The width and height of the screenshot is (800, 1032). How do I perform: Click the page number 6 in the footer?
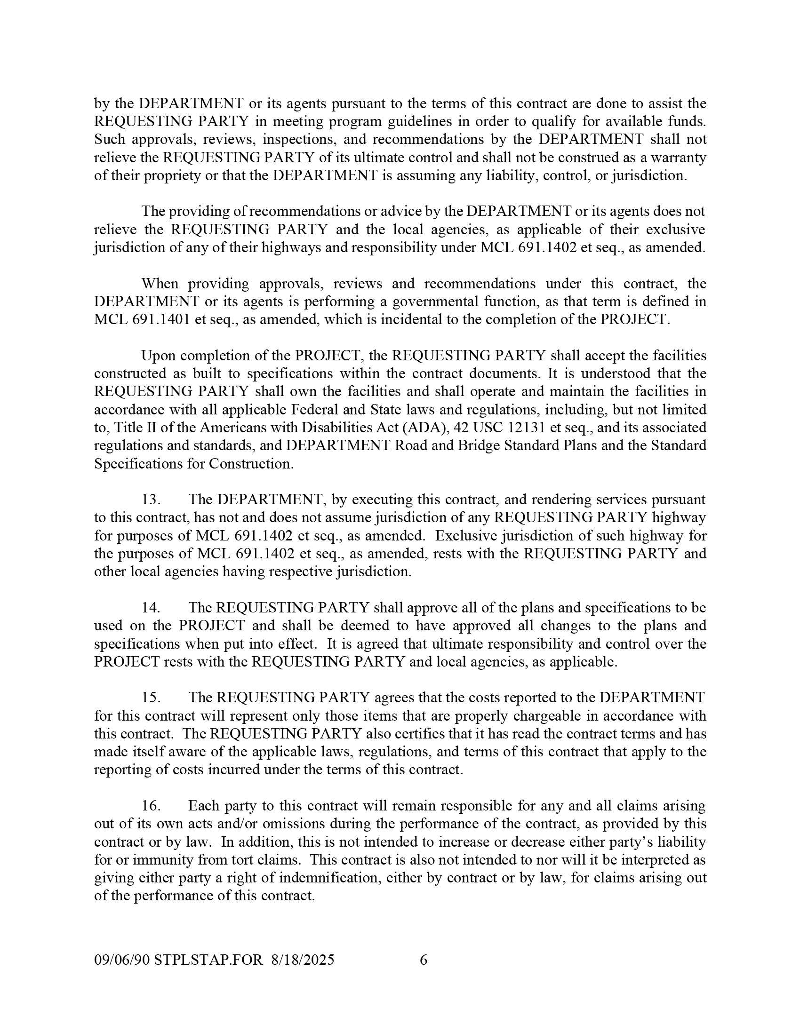tap(424, 960)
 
